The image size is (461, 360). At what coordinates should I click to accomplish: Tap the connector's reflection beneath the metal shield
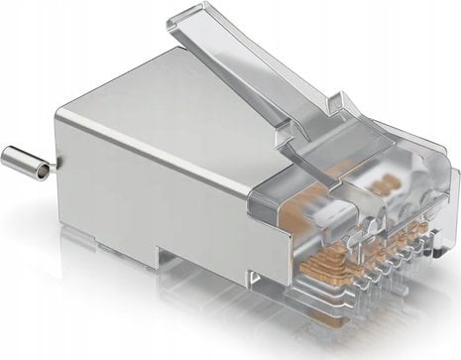coord(149,317)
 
